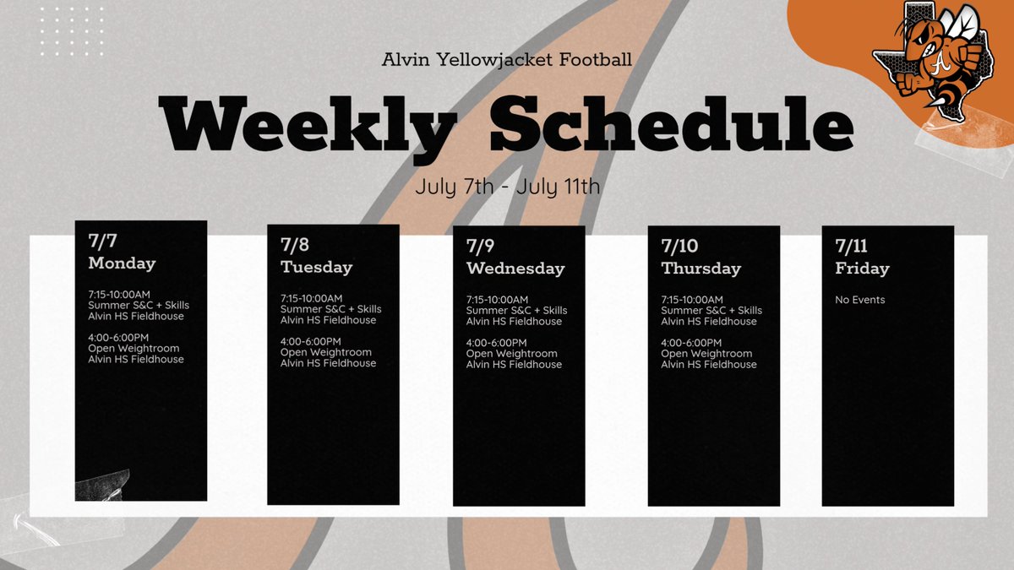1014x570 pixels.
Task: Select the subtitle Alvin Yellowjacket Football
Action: coord(506,60)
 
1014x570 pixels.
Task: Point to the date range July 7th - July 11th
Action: coord(507,186)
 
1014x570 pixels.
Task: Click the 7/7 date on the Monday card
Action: coord(102,241)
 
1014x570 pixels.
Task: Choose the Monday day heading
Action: coord(122,263)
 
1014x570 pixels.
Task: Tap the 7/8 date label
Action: coord(295,246)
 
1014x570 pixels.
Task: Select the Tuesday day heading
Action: coord(316,268)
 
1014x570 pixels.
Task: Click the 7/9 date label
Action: coord(481,246)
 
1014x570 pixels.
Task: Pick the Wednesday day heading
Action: coord(515,269)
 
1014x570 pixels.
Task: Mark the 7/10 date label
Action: coord(679,246)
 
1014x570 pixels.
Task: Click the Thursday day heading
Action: coord(701,269)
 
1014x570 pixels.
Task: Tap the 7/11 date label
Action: coord(852,246)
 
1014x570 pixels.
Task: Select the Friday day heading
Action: coord(862,269)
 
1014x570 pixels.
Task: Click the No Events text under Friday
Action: coord(860,300)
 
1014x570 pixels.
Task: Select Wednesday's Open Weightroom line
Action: coord(511,354)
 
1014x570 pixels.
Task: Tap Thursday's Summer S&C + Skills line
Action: coord(711,311)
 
